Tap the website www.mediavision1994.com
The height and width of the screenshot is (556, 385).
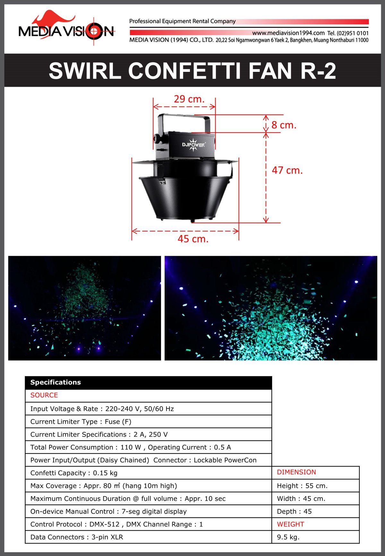(288, 33)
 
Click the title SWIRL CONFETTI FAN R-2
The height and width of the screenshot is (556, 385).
(192, 71)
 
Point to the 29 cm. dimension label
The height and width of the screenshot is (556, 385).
(189, 99)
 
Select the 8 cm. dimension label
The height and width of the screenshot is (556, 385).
(284, 125)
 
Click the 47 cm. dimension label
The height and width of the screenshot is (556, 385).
(287, 170)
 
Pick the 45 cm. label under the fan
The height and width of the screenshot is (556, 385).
(193, 239)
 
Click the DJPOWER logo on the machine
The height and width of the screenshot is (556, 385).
(193, 145)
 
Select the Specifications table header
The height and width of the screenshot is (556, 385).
(148, 382)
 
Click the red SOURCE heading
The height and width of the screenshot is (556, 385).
(44, 395)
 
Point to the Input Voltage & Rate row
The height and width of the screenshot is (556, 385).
(102, 409)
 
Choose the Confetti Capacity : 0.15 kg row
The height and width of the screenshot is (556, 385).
(74, 473)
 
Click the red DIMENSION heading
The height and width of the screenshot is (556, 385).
(296, 472)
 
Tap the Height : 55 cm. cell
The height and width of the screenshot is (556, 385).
(302, 486)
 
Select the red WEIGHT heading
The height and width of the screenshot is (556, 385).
(290, 524)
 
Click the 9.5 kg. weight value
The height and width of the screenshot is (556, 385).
(288, 537)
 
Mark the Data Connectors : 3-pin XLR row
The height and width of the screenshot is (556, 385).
(77, 537)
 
